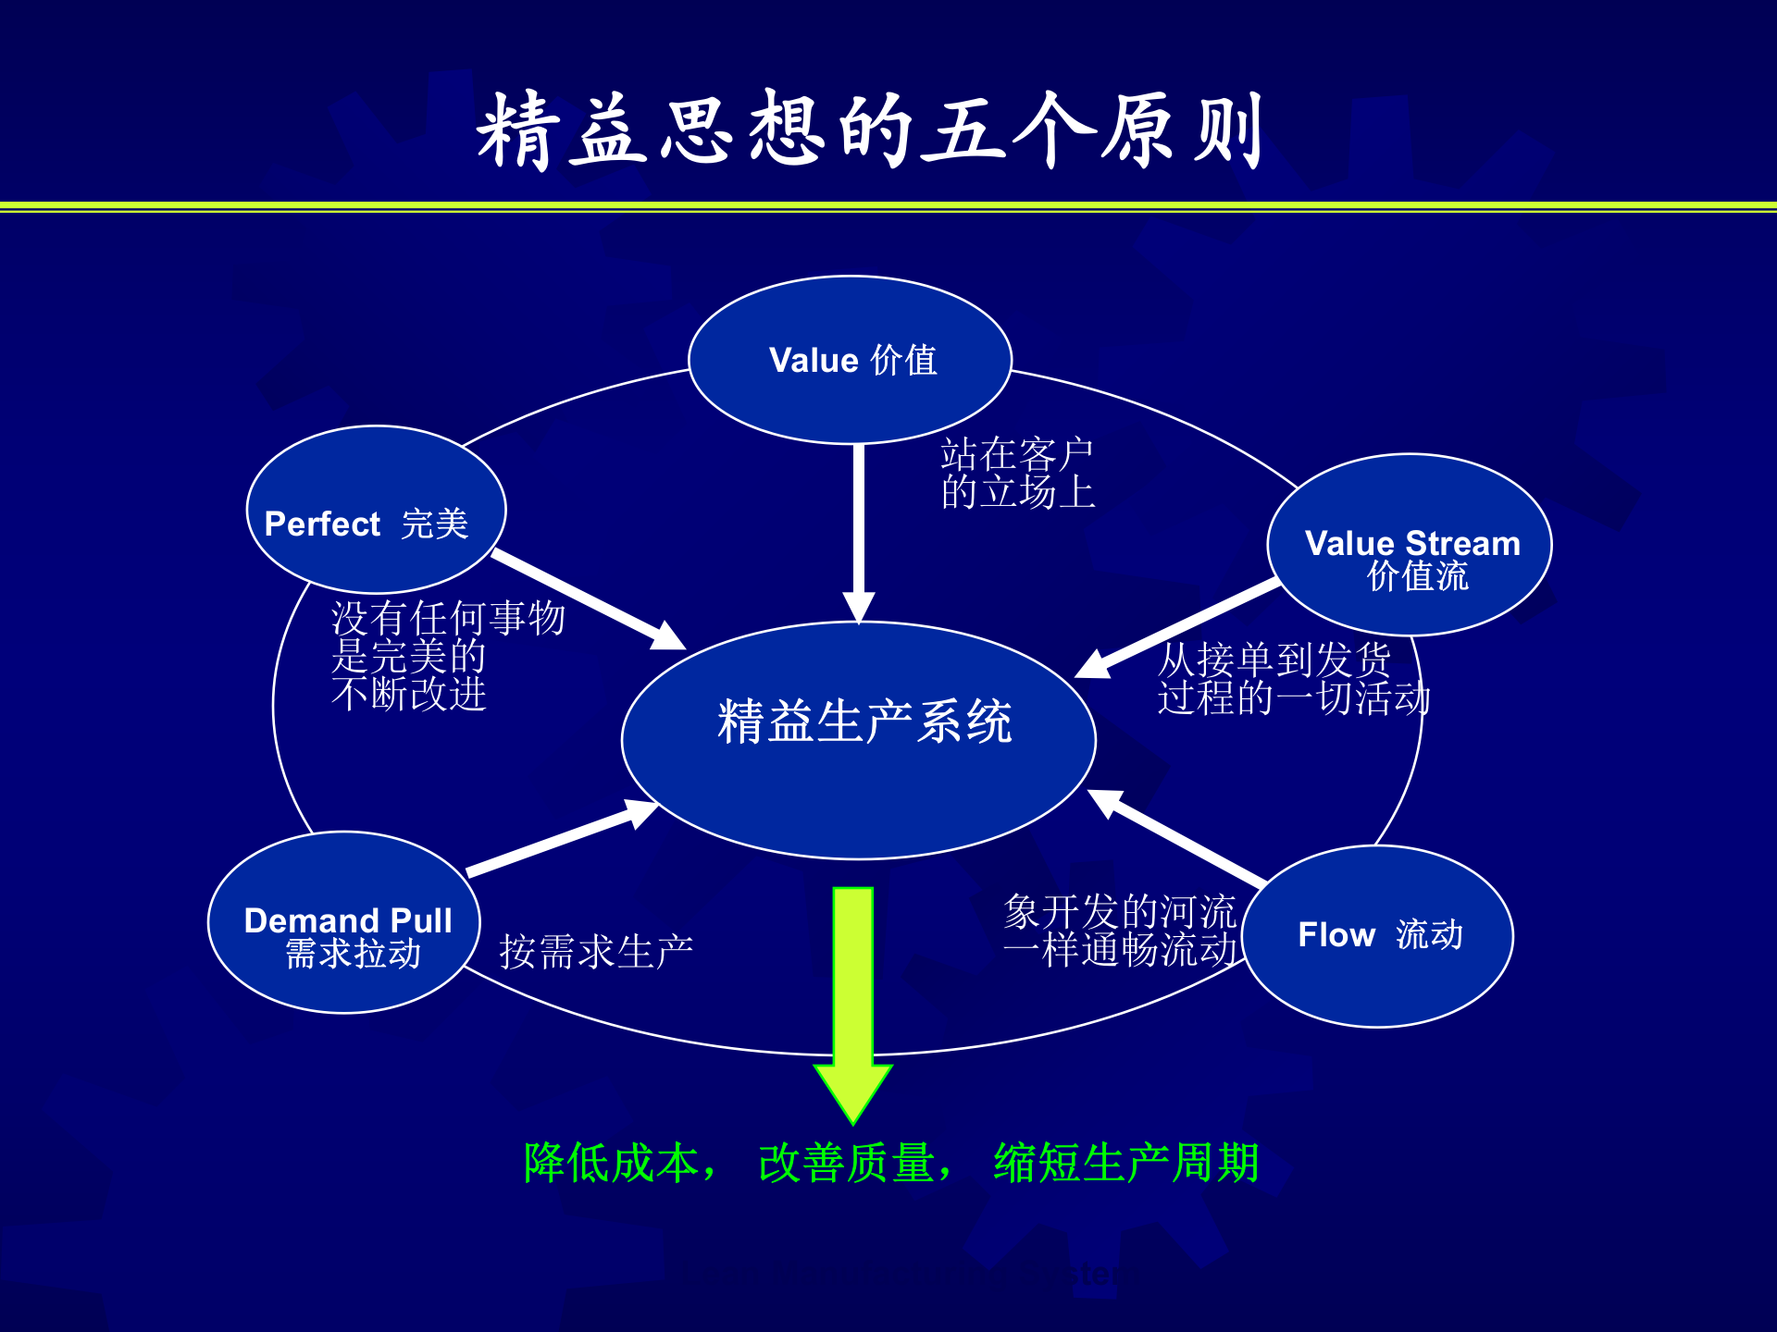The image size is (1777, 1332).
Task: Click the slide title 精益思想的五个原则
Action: [x=870, y=129]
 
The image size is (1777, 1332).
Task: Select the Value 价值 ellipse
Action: [x=851, y=360]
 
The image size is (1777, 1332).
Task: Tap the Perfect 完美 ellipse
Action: [x=376, y=510]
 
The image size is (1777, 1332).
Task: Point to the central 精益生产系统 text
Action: [x=864, y=722]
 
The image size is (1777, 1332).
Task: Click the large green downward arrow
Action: [x=852, y=999]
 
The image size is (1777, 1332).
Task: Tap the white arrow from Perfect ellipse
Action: [x=583, y=597]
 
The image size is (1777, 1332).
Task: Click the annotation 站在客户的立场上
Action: [x=1017, y=474]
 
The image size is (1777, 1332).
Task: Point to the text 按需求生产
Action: [x=596, y=952]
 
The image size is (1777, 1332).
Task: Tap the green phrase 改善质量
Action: [x=846, y=1163]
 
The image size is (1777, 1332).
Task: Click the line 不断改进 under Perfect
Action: [x=408, y=694]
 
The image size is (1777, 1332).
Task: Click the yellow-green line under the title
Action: [x=888, y=206]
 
